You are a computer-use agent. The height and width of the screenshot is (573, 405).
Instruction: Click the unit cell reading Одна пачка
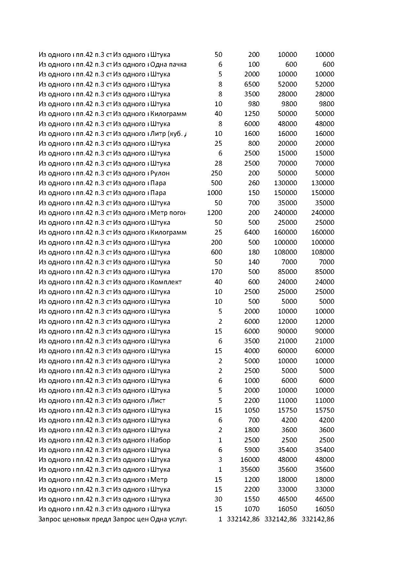[168, 64]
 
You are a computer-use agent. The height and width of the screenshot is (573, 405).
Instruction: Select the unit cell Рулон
[160, 173]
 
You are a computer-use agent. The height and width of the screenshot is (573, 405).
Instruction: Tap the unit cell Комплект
[166, 282]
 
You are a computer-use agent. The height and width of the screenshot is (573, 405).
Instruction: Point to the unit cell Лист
[158, 401]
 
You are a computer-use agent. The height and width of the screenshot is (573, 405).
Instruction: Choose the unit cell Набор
[160, 440]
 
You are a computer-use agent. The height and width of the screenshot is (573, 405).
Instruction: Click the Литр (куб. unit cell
[169, 134]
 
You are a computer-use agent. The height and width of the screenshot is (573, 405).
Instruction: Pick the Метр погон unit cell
[168, 213]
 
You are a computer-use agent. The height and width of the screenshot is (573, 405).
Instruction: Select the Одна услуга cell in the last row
[168, 519]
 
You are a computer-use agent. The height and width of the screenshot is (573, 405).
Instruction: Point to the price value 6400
[252, 232]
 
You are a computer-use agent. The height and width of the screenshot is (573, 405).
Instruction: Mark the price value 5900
[252, 450]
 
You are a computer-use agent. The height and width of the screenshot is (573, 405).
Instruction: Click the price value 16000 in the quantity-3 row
[250, 460]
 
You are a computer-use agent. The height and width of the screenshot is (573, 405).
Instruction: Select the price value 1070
[252, 509]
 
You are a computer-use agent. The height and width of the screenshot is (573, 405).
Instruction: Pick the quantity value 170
[217, 272]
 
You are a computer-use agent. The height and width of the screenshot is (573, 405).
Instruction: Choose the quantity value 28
[219, 163]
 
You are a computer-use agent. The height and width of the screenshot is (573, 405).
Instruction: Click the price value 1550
[252, 499]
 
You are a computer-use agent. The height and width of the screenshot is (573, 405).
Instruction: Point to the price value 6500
[252, 84]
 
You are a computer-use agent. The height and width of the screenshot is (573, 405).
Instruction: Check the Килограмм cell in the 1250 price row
[168, 114]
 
